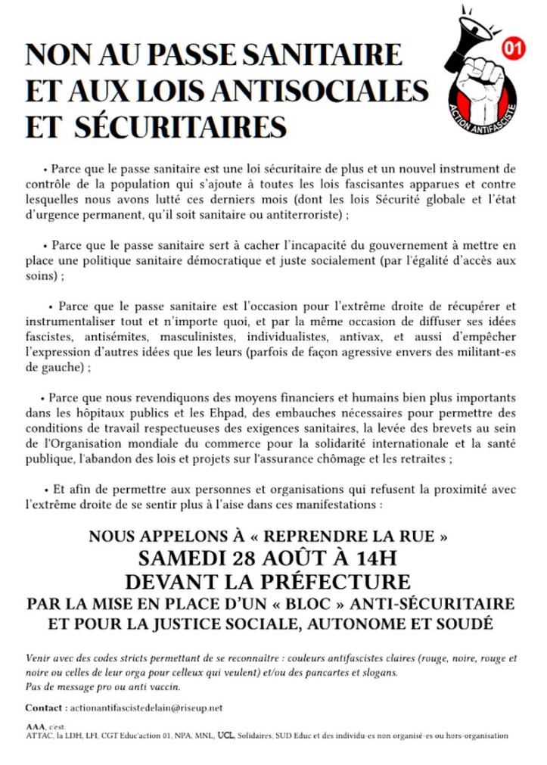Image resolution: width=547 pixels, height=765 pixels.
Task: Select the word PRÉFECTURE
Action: point(337,582)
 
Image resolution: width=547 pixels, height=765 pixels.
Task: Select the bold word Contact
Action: point(44,707)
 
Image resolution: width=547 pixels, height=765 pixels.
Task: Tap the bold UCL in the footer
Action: point(225,735)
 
